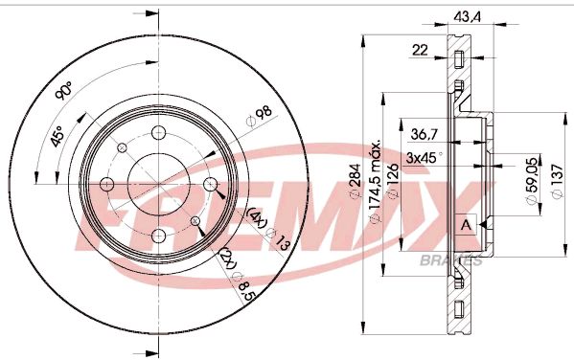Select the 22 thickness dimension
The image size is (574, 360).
pyautogui.click(x=420, y=51)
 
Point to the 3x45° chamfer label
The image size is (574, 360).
pyautogui.click(x=422, y=157)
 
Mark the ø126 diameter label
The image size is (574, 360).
pyautogui.click(x=392, y=188)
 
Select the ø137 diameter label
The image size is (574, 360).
pyautogui.click(x=556, y=182)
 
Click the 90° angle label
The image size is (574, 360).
pyautogui.click(x=64, y=93)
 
